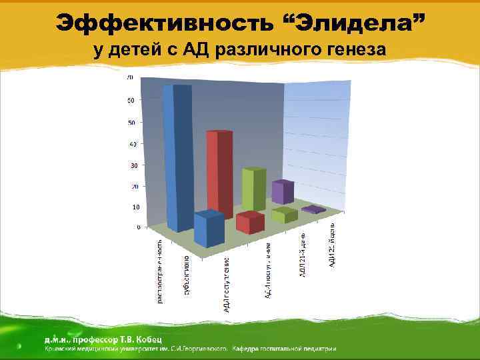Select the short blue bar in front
click(209, 231)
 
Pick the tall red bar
click(218, 173)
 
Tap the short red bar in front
click(250, 223)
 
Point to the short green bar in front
click(284, 215)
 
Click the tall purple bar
click(282, 192)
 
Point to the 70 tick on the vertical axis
click(130, 78)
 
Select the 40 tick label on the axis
click(133, 144)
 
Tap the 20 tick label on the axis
click(136, 186)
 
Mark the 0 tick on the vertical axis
click(138, 227)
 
